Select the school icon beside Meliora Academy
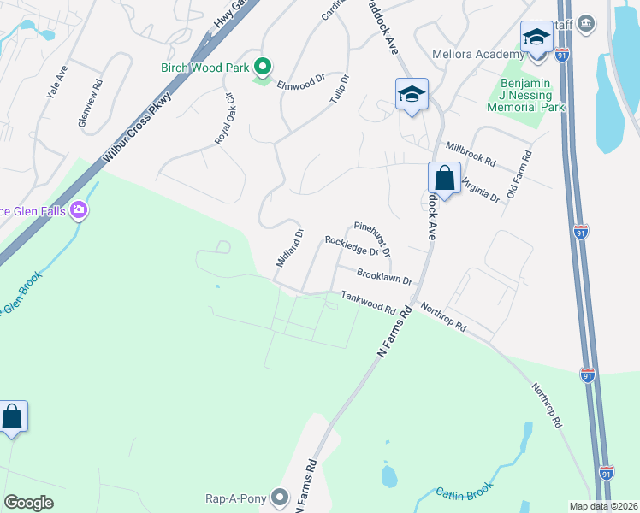pos(536,38)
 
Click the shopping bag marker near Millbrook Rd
pos(444,179)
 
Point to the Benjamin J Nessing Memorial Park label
pos(525,95)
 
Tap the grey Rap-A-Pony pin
pos(280,496)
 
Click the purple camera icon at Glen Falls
pos(80,209)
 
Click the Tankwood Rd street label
pos(368,302)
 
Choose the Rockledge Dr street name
pos(352,245)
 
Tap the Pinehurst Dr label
pos(372,236)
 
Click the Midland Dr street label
pos(289,247)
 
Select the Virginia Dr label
pos(480,189)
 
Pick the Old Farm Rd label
pos(519,175)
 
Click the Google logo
pos(29,503)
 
